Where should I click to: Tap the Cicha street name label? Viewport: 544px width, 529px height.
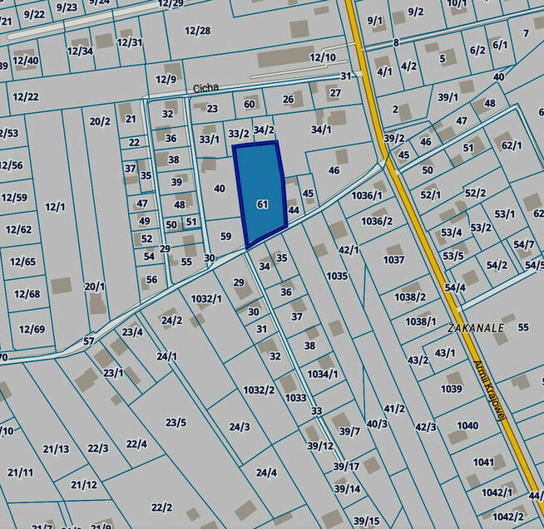click(x=205, y=87)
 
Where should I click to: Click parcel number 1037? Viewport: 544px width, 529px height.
click(x=393, y=260)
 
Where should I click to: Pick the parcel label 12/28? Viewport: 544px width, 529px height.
click(x=197, y=31)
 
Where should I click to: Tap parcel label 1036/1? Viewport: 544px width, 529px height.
click(x=366, y=195)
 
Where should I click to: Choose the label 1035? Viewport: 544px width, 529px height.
click(x=337, y=276)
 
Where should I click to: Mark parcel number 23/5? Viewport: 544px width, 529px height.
click(x=176, y=422)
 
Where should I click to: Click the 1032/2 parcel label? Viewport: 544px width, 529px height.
click(x=259, y=389)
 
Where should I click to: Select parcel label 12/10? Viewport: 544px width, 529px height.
click(x=323, y=57)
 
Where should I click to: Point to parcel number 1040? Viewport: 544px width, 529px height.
click(x=467, y=425)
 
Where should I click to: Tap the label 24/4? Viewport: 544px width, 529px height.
click(x=266, y=473)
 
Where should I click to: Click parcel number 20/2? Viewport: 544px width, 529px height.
click(x=100, y=121)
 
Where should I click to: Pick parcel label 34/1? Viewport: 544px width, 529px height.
click(x=321, y=130)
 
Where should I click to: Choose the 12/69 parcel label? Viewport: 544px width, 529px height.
click(x=31, y=329)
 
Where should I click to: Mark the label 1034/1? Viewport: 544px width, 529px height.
click(x=323, y=374)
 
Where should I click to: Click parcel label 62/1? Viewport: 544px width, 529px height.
click(x=512, y=145)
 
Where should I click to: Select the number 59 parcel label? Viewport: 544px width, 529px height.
click(x=225, y=237)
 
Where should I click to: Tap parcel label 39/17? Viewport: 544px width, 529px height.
click(x=346, y=466)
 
